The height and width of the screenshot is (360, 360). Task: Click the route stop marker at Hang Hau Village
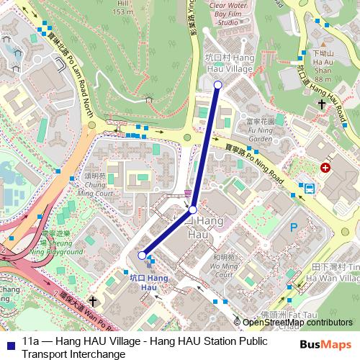pyautogui.click(x=218, y=85)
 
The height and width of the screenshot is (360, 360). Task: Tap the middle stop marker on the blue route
pyautogui.click(x=192, y=210)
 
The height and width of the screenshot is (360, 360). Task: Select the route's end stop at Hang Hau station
pyautogui.click(x=142, y=255)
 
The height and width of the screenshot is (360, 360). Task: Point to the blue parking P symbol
pyautogui.click(x=293, y=228)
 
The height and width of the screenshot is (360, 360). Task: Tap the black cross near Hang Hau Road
pyautogui.click(x=322, y=104)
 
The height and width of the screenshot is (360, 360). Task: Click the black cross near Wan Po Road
pyautogui.click(x=93, y=300)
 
